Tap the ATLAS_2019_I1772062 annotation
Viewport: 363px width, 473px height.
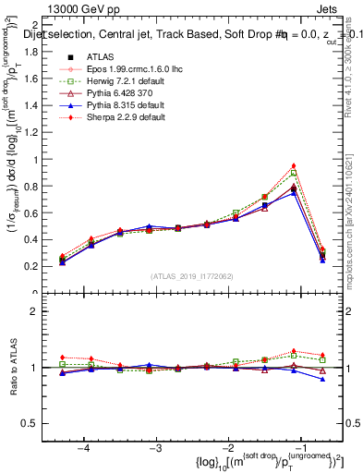(193, 275)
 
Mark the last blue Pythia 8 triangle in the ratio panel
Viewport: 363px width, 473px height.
(322, 379)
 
